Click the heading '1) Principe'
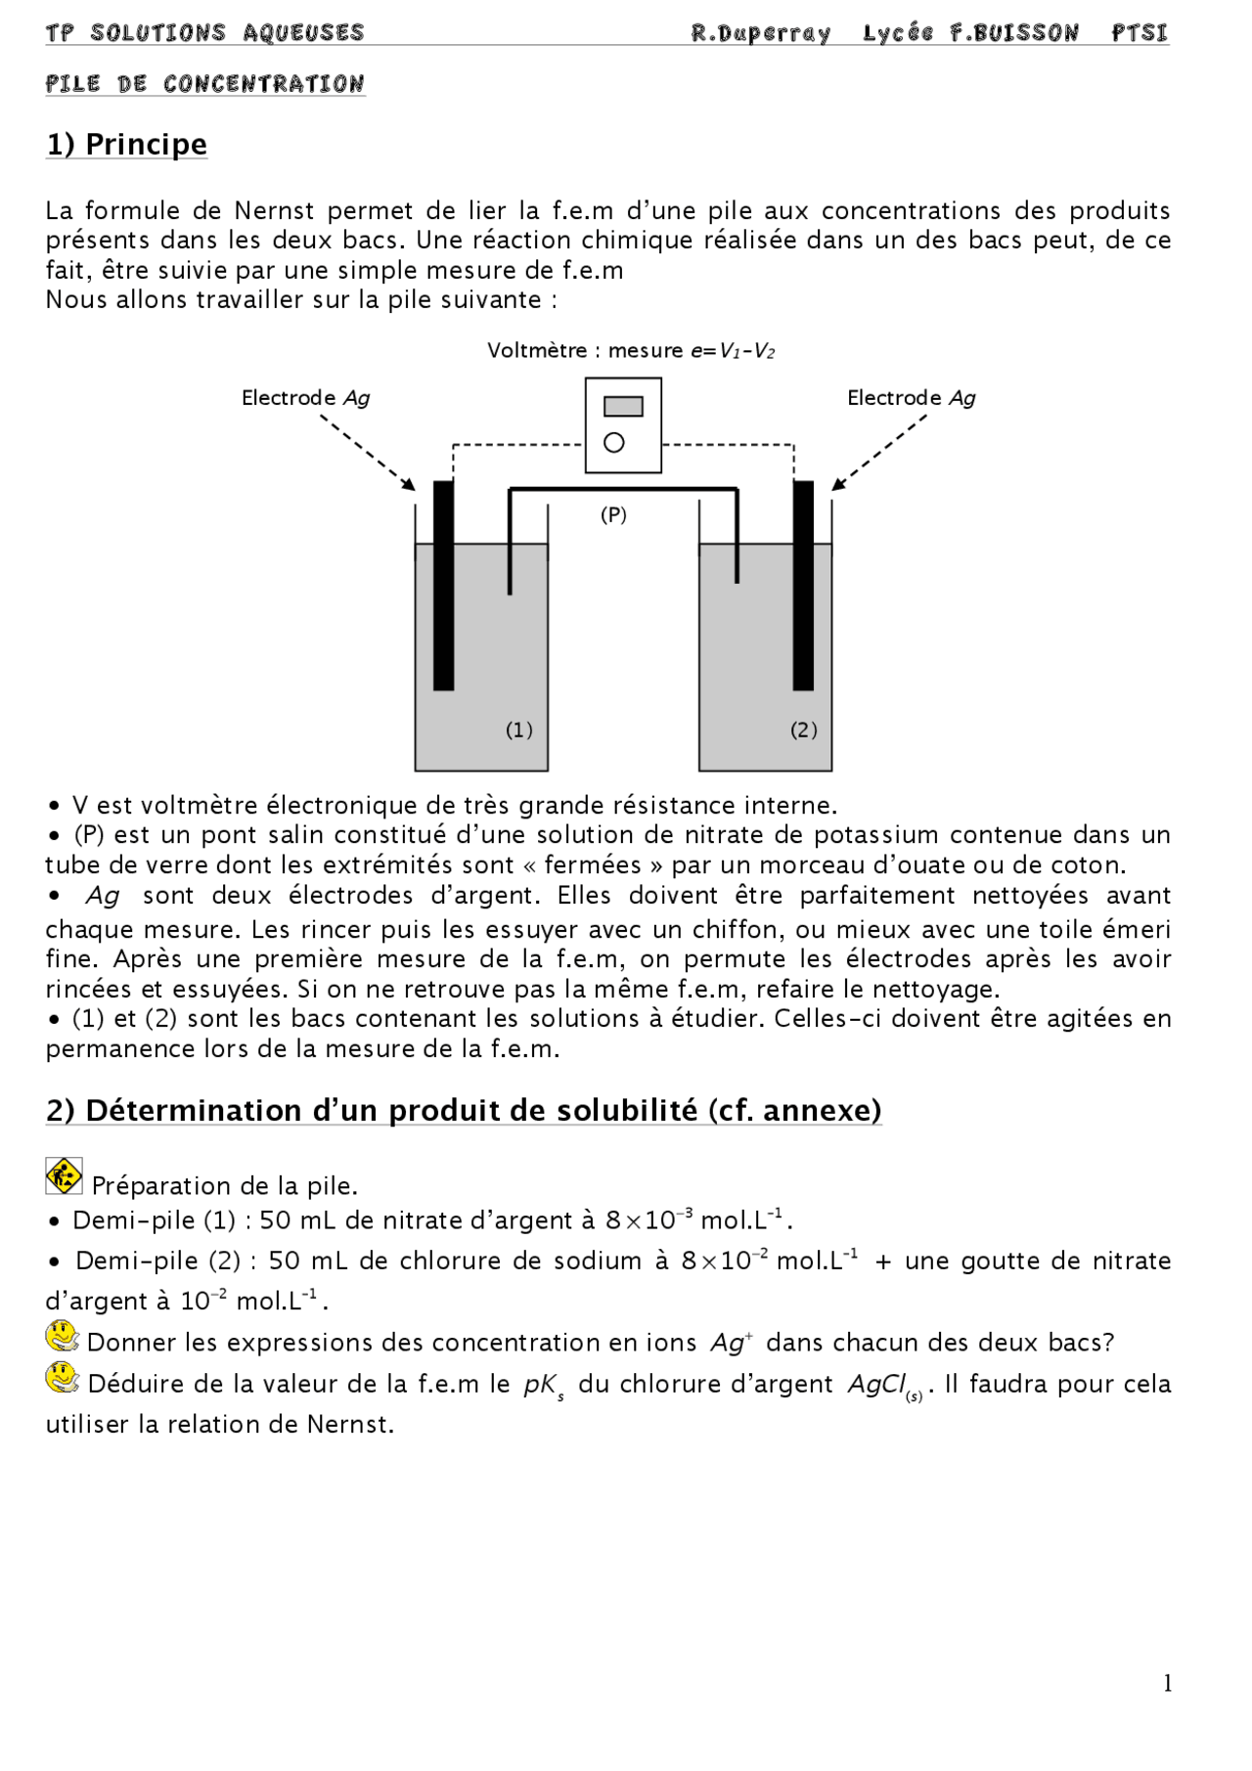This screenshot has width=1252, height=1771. [x=126, y=145]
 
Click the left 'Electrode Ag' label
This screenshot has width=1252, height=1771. [x=305, y=398]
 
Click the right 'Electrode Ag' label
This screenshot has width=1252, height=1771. [x=911, y=398]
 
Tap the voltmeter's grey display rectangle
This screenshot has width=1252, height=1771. [x=623, y=407]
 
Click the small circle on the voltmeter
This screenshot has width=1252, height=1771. [x=614, y=443]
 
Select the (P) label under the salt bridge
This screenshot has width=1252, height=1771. [x=613, y=514]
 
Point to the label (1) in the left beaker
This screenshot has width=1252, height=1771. [x=518, y=730]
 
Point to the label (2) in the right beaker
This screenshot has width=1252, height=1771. [x=803, y=730]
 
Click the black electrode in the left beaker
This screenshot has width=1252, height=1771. [x=443, y=587]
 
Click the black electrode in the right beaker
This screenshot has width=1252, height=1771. [x=803, y=587]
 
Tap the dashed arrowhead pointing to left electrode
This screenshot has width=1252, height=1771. [x=409, y=484]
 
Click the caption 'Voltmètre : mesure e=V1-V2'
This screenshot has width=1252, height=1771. [x=631, y=350]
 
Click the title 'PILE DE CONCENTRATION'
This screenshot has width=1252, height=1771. [x=204, y=84]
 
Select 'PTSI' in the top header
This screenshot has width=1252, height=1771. [x=1140, y=33]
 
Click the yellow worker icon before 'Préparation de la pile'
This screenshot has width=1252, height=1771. [x=64, y=1176]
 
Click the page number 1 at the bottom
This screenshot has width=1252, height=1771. [x=1167, y=1683]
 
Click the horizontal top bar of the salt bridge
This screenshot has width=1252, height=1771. [x=623, y=489]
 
